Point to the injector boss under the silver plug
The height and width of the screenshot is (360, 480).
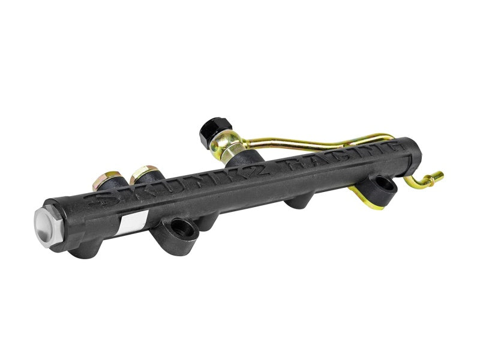pyautogui.click(x=84, y=249)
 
